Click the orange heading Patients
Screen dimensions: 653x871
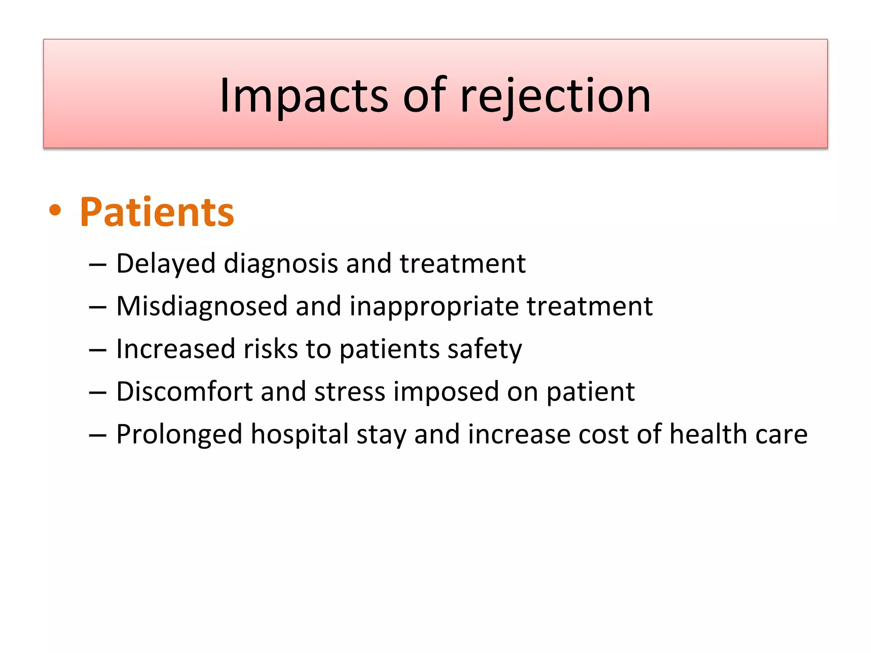click(157, 212)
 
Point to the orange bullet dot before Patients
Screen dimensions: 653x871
click(55, 211)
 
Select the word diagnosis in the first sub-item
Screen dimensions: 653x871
click(281, 264)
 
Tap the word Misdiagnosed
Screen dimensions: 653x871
click(202, 306)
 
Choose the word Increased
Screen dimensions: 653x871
click(175, 349)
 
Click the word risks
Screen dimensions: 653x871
click(270, 349)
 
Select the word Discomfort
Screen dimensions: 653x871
click(184, 392)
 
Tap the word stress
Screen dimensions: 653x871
click(350, 392)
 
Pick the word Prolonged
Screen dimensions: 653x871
click(179, 434)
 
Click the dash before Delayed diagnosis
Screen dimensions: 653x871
click(97, 265)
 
